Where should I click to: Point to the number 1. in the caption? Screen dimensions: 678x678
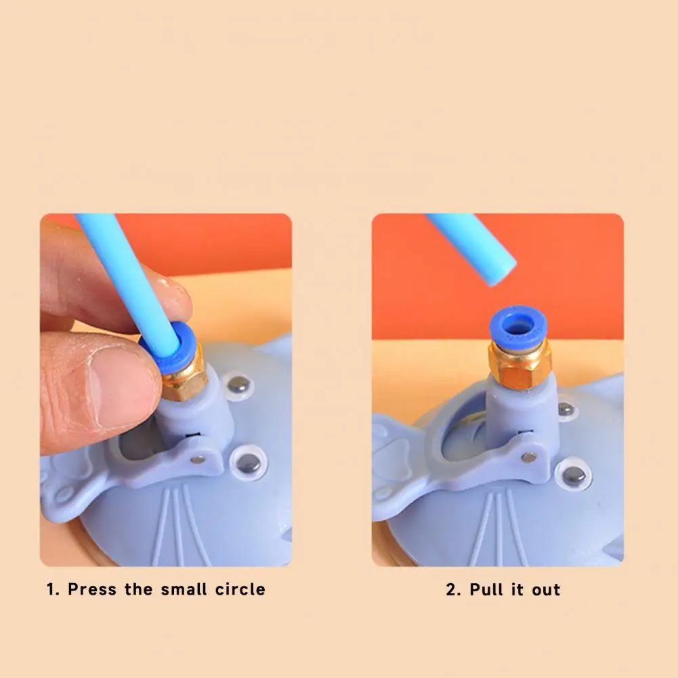click(54, 589)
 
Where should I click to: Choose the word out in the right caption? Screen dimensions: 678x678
click(546, 590)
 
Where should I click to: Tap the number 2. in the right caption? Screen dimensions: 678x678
click(453, 590)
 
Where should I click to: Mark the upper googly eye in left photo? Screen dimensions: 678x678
click(238, 384)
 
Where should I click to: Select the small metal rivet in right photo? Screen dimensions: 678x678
click(528, 457)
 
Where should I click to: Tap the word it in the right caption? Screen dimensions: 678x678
click(519, 590)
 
